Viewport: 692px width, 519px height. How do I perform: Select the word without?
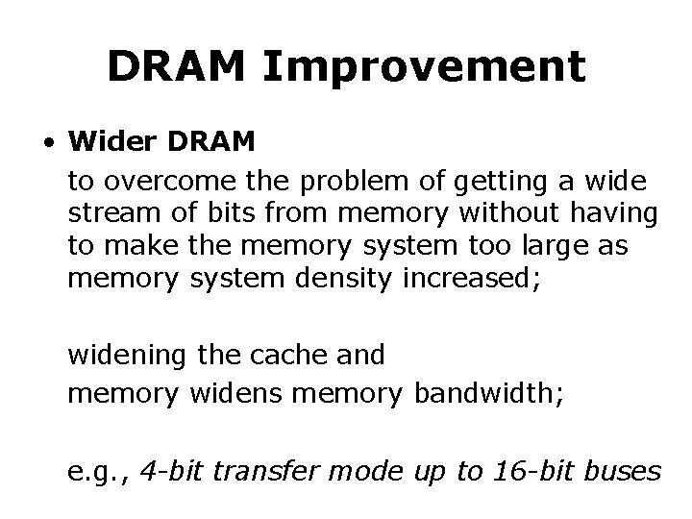pyautogui.click(x=472, y=212)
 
